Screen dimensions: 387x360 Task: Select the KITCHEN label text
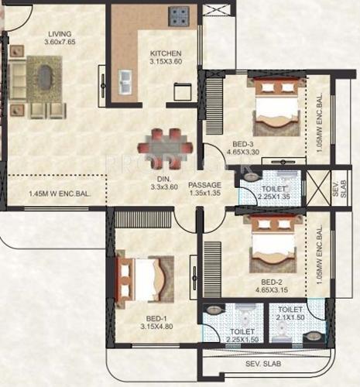pyautogui.click(x=165, y=53)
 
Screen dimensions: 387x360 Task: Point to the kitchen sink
pyautogui.click(x=123, y=79)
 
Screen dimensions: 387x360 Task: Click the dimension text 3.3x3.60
pyautogui.click(x=163, y=187)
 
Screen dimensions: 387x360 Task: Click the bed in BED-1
pyautogui.click(x=140, y=276)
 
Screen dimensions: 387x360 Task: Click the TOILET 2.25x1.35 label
pyautogui.click(x=274, y=193)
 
